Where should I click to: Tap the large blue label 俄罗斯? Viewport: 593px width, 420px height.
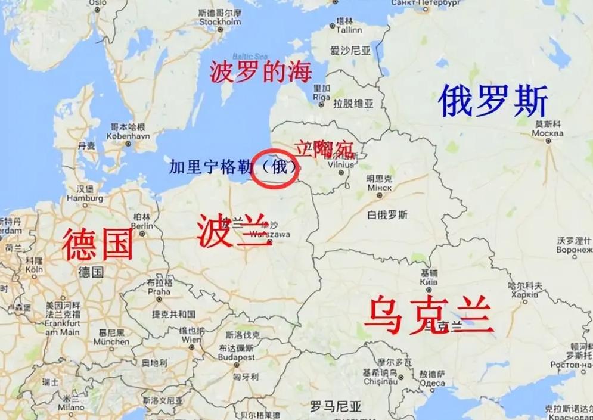(x=493, y=101)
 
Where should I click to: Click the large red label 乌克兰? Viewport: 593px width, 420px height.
(x=429, y=315)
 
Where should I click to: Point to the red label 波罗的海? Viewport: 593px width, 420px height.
(x=260, y=73)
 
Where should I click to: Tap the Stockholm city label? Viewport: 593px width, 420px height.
(x=220, y=22)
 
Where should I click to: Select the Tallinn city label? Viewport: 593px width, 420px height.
(x=349, y=30)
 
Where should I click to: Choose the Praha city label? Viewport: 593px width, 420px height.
(x=159, y=291)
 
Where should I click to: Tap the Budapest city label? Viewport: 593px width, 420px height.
(x=237, y=357)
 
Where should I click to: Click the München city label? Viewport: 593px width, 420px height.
(x=111, y=341)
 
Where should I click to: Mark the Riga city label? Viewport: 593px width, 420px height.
(x=321, y=97)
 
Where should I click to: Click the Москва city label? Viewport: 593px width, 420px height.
(x=547, y=133)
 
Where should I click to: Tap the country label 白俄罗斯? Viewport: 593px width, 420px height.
(x=387, y=214)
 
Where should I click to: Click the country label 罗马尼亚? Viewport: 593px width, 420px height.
(x=336, y=407)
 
